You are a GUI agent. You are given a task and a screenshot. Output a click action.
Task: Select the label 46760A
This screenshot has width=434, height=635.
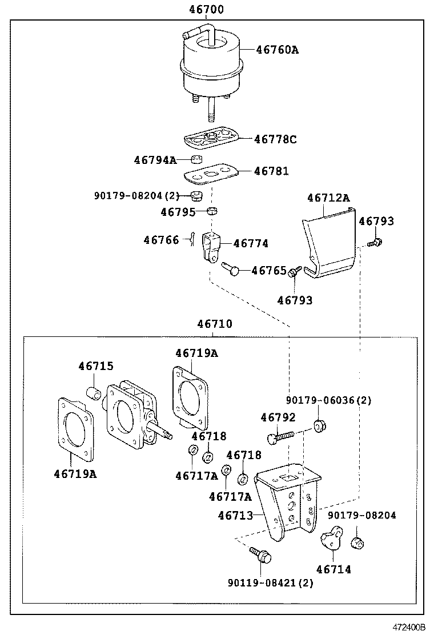tap(277, 50)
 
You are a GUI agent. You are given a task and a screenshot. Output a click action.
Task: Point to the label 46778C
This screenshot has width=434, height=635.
tap(275, 139)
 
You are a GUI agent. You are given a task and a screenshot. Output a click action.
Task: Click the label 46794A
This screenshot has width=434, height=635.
tap(155, 160)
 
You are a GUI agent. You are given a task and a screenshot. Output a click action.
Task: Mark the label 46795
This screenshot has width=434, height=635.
tap(178, 212)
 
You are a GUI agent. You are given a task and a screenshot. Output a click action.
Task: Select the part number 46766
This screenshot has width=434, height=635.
tap(161, 240)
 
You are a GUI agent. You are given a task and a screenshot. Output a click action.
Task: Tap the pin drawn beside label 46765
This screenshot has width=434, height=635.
tap(232, 268)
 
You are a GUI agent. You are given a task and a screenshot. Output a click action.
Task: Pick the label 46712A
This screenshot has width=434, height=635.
tap(328, 198)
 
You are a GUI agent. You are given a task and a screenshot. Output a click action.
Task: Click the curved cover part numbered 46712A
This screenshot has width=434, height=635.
tap(328, 246)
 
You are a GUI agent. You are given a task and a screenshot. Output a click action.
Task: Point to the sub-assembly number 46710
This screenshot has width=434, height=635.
tap(215, 324)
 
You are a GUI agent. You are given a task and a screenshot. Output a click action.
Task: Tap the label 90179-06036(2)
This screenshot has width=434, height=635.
tap(328, 400)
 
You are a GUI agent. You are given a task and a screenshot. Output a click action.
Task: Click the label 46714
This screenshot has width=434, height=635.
tap(333, 569)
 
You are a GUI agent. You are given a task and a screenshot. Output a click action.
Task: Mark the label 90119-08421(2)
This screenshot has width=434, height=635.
tap(271, 583)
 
